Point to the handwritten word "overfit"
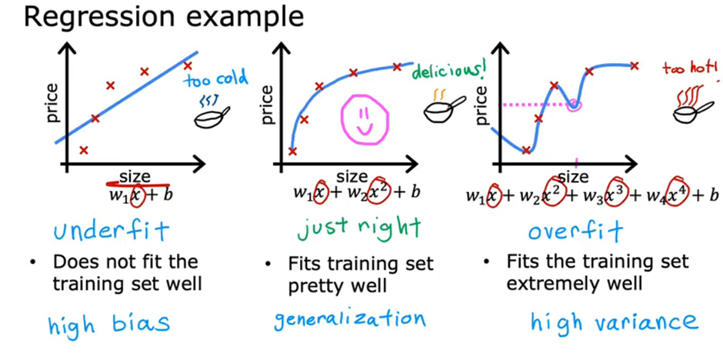pyautogui.click(x=565, y=231)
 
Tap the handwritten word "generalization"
pyautogui.click(x=350, y=318)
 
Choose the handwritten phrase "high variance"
pyautogui.click(x=613, y=322)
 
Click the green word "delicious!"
pyautogui.click(x=450, y=72)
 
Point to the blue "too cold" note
pyautogui.click(x=216, y=78)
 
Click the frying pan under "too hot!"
pyautogui.click(x=688, y=111)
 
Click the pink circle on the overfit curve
pyautogui.click(x=574, y=105)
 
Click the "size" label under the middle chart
pyautogui.click(x=352, y=176)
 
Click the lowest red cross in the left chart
pyautogui.click(x=84, y=150)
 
